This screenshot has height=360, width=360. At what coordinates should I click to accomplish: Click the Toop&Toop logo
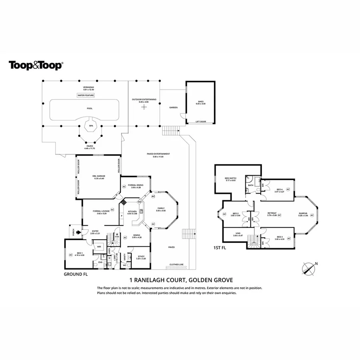click(x=36, y=65)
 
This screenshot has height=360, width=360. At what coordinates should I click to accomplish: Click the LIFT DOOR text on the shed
click(x=201, y=122)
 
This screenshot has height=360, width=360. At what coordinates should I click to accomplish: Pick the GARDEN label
click(x=173, y=108)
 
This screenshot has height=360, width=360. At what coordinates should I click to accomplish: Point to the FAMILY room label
click(x=161, y=208)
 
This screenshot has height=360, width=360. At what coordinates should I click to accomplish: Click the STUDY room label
click(x=141, y=256)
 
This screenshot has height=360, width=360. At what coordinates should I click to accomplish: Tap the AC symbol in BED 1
click(x=71, y=254)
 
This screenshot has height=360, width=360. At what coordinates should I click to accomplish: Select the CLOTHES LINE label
click(x=177, y=264)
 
